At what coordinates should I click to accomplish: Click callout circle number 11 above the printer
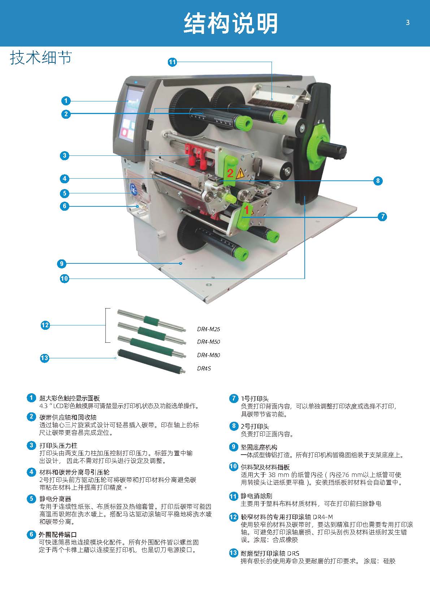coord(172,62)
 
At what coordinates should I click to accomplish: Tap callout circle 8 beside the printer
coord(378,181)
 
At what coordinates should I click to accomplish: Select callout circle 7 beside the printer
coord(382,216)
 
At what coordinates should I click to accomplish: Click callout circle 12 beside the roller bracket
coord(45,325)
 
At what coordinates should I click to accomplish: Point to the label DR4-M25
coord(208,329)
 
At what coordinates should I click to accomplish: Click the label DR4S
coord(204,368)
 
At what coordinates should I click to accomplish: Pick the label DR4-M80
coord(208,355)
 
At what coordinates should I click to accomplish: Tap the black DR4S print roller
coord(151,361)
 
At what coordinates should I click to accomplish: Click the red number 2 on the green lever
coord(230,173)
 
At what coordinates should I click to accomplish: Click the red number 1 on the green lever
coord(247,210)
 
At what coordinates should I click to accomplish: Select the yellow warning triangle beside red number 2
coord(240,174)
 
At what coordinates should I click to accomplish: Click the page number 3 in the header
coord(408,23)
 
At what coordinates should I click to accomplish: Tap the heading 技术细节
coord(41,57)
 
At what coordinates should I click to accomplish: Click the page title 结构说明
coord(230,23)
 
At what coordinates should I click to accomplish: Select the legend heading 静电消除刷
coord(256,496)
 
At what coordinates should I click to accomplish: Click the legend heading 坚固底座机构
coord(259,447)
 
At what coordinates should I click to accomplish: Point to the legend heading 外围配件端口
coord(58,535)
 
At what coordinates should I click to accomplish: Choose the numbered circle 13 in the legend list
coord(233,553)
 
